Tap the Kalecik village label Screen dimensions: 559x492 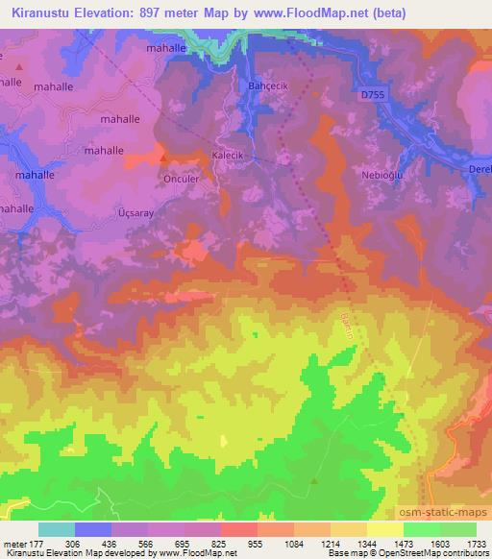pyautogui.click(x=228, y=154)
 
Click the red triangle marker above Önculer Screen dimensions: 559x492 pyautogui.click(x=163, y=156)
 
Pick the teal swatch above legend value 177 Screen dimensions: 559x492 pyautogui.click(x=57, y=529)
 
